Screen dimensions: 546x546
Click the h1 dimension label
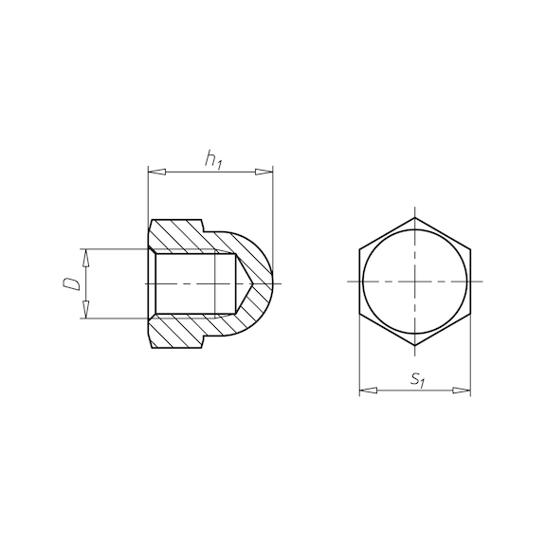pos(213,159)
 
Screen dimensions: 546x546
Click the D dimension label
pos(72,283)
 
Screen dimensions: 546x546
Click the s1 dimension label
pos(417,379)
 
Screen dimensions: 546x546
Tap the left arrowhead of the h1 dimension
pos(156,172)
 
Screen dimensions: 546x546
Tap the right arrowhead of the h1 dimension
pos(264,172)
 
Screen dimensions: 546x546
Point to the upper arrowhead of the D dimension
pos(86,258)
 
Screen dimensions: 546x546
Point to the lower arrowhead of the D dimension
pos(86,309)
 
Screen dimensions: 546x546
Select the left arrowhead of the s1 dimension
pos(368,391)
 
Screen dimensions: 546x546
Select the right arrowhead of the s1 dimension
pos(462,391)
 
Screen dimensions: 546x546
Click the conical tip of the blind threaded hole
pos(253,283)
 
